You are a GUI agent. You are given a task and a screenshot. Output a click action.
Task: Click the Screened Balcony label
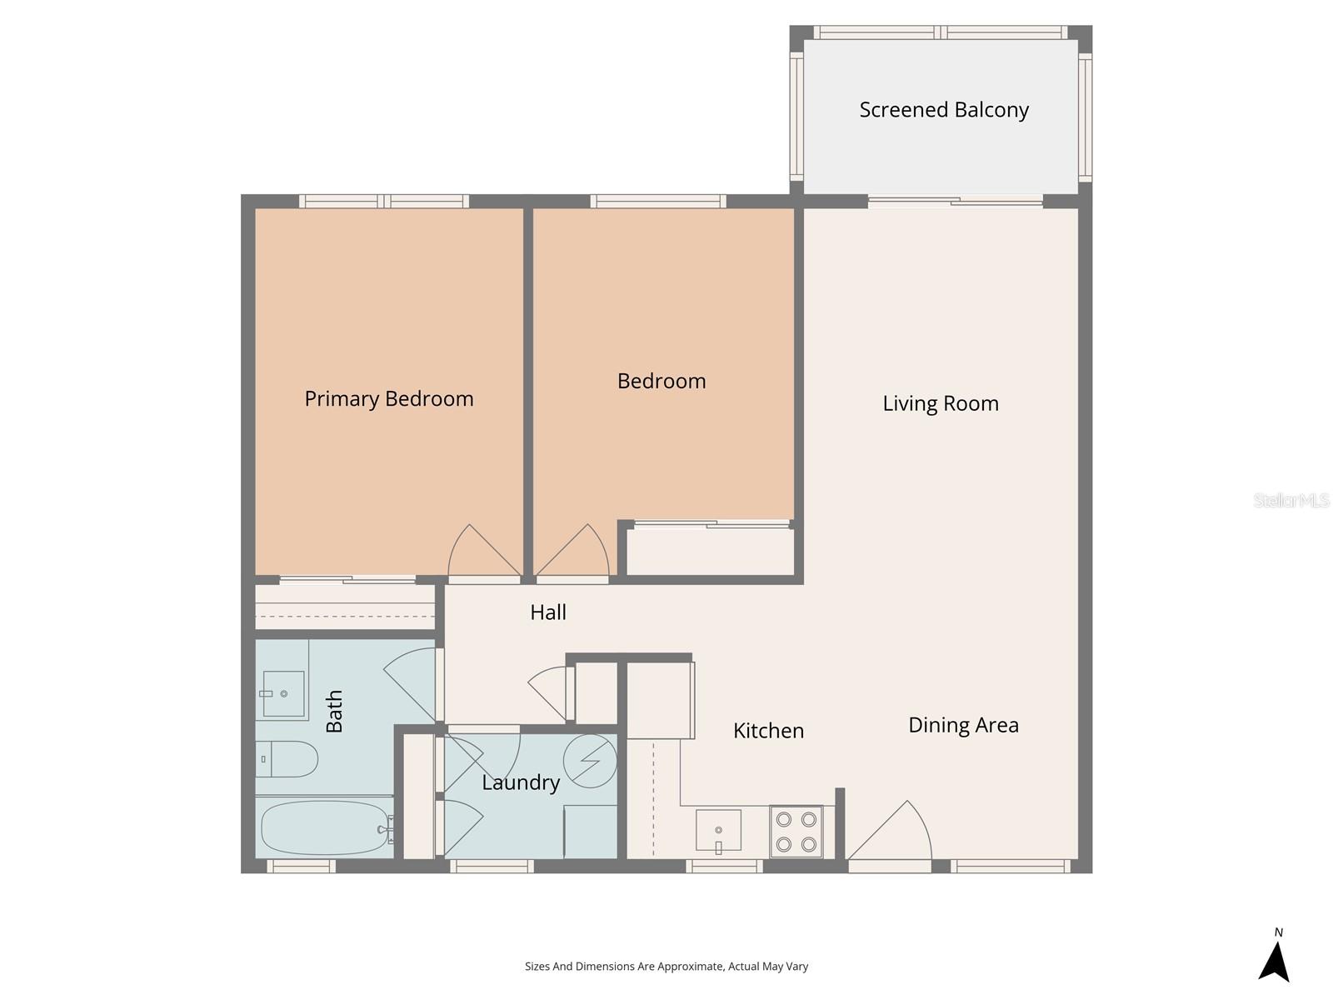coord(944,110)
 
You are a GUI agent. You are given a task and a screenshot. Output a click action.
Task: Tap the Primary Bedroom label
coord(389,399)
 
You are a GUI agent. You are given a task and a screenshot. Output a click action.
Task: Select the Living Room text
coord(941,404)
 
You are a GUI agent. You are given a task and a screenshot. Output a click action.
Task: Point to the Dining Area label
coord(963,725)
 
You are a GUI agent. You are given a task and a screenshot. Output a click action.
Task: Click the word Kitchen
coord(768,731)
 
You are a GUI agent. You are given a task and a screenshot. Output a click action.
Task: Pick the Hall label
coord(548,612)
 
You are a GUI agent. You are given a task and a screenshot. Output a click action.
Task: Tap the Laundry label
coord(521,782)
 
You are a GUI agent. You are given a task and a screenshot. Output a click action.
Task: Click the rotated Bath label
coord(334,711)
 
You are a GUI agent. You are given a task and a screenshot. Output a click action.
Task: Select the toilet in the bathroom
coord(287,759)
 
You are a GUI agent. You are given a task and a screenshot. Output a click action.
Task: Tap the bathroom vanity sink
coord(283,693)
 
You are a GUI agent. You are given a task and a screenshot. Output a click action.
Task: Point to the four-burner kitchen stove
coord(796,832)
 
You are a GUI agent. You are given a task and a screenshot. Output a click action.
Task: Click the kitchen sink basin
coord(718,830)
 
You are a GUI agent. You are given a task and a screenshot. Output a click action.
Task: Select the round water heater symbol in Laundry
coord(590,760)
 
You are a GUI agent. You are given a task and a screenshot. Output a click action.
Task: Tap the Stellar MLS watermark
coord(1291,501)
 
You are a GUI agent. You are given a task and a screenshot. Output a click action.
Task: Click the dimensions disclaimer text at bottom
coord(666,967)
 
